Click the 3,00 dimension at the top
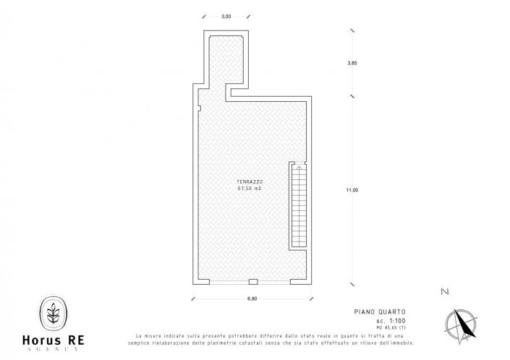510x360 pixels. (x=226, y=17)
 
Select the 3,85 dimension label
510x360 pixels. (x=352, y=64)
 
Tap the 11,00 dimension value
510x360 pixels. (x=352, y=190)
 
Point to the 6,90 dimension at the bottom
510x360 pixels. (x=253, y=299)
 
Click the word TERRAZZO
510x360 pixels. (x=249, y=181)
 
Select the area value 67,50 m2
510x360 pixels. (x=249, y=189)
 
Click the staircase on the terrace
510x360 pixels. (x=298, y=210)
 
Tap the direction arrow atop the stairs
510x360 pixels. (x=298, y=168)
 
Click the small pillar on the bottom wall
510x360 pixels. (x=253, y=281)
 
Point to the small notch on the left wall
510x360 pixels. (x=198, y=108)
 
